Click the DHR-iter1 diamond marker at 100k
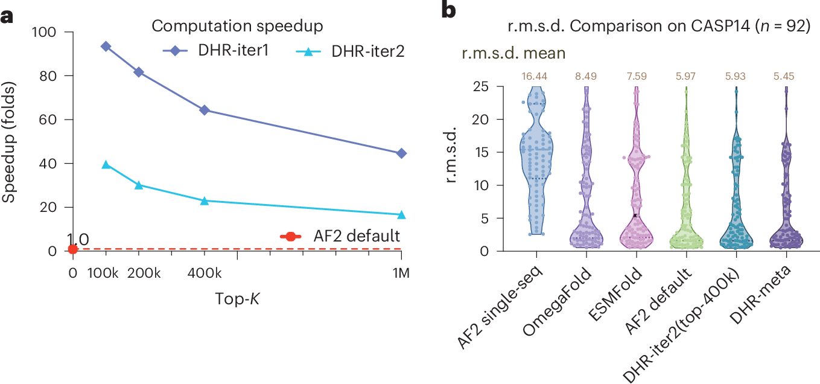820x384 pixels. pos(106,46)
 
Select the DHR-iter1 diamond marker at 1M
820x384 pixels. pos(401,153)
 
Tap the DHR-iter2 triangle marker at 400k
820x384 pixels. pos(205,200)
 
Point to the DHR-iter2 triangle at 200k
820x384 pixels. pos(139,185)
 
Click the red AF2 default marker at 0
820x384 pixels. pos(73,249)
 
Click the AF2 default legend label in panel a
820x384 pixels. pos(355,235)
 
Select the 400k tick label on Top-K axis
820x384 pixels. pos(205,273)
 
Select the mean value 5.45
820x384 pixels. pos(786,76)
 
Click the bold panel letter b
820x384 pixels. pos(450,11)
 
